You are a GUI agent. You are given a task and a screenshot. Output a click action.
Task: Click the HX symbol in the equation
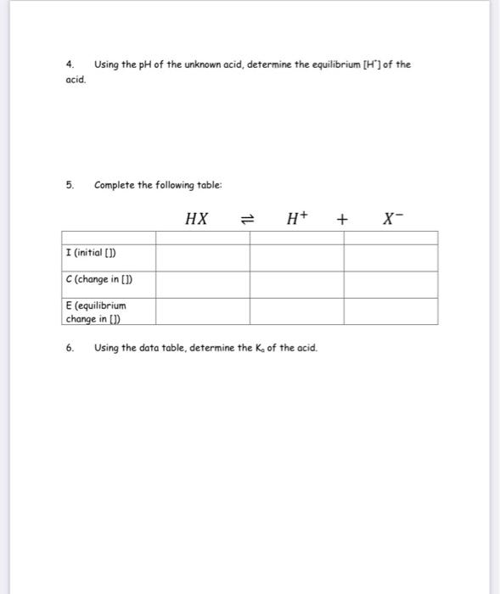[196, 219]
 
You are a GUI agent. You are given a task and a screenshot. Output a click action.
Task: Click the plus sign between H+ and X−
[342, 220]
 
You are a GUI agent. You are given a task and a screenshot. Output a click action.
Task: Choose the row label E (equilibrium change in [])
[96, 311]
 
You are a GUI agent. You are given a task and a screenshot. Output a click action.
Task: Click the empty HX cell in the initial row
[202, 257]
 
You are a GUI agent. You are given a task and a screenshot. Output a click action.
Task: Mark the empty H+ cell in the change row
[296, 283]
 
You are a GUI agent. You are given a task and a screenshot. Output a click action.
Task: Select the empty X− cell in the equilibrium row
[390, 311]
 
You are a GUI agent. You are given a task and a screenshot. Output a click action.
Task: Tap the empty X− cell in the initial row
[390, 257]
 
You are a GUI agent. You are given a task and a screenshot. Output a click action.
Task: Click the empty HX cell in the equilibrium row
[202, 311]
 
